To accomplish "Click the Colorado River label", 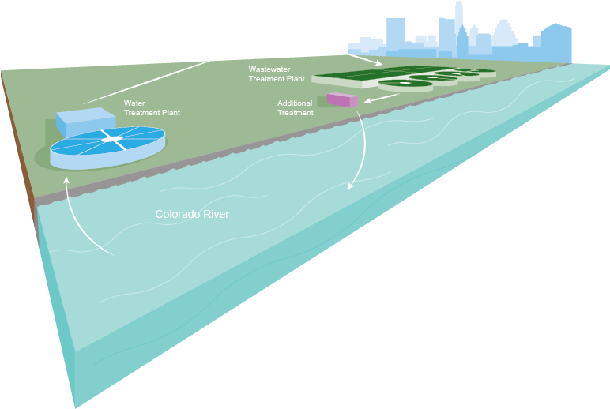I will pyautogui.click(x=192, y=214).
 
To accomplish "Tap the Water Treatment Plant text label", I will pyautogui.click(x=152, y=108).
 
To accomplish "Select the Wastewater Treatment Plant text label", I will pyautogui.click(x=277, y=73).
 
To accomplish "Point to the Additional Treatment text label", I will pyautogui.click(x=296, y=108).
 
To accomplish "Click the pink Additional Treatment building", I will pyautogui.click(x=342, y=99).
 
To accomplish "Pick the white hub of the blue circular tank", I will pyautogui.click(x=112, y=140).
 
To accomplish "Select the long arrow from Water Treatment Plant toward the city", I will pyautogui.click(x=158, y=78).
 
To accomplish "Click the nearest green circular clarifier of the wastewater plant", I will pyautogui.click(x=405, y=84).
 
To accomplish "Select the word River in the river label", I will pyautogui.click(x=214, y=214).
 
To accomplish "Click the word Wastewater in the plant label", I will pyautogui.click(x=269, y=69).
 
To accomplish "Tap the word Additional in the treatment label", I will pyautogui.click(x=296, y=103).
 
